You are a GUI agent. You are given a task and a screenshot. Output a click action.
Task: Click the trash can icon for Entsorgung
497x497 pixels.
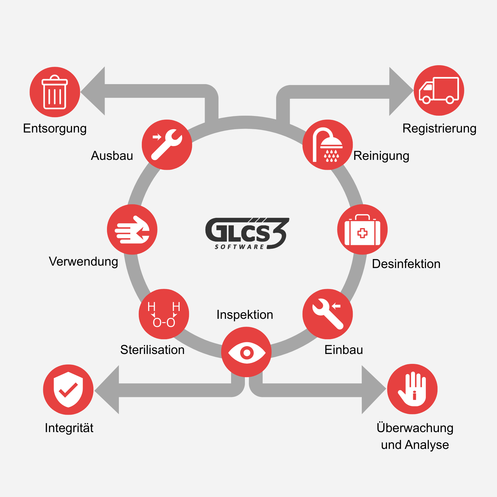click(55, 92)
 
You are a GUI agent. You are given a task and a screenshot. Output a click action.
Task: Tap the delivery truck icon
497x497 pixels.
click(439, 90)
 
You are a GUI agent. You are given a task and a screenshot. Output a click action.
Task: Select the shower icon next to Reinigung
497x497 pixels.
click(328, 145)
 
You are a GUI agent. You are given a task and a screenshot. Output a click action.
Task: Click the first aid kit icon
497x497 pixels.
click(362, 230)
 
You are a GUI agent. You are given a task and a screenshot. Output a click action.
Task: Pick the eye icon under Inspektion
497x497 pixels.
click(246, 352)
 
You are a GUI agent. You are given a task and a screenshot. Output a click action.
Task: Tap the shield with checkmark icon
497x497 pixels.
click(68, 390)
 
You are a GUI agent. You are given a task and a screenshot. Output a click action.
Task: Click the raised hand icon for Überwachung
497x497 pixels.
click(412, 389)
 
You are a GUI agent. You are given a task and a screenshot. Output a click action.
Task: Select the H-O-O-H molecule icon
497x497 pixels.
click(164, 314)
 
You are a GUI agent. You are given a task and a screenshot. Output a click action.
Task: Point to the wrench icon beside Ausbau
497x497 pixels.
click(167, 145)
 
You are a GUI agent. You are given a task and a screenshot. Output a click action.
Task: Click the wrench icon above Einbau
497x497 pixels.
click(328, 314)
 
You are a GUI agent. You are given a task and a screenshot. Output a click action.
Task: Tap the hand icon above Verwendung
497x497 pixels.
click(132, 230)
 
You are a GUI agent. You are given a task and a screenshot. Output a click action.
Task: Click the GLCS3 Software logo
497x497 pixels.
click(247, 233)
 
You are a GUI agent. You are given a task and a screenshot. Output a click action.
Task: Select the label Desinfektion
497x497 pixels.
click(406, 264)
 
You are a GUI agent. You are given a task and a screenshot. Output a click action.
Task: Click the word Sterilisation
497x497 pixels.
click(152, 350)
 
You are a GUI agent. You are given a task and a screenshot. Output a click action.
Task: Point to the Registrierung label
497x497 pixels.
click(439, 129)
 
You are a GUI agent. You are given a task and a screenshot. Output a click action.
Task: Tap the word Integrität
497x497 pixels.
click(69, 428)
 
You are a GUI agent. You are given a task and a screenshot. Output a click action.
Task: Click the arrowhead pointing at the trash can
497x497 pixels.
click(93, 91)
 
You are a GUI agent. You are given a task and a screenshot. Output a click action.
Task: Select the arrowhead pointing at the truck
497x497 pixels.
click(401, 91)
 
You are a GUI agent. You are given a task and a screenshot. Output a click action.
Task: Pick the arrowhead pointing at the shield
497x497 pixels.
click(107, 390)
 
